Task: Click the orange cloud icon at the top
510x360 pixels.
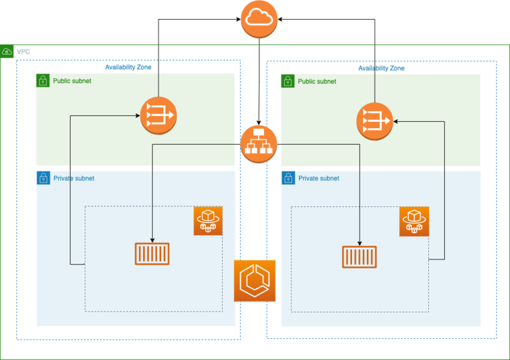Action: tap(259, 19)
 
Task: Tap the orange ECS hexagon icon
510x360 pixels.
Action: tap(255, 280)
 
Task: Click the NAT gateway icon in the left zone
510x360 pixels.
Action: tap(158, 115)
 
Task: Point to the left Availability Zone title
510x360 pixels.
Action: tap(128, 68)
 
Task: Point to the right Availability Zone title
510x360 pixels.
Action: tap(381, 68)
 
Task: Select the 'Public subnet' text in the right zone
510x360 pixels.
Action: tap(317, 81)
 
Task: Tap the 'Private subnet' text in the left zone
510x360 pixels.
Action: tap(74, 178)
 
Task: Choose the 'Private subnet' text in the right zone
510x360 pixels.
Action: tap(319, 178)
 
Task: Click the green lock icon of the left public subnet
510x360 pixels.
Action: tap(43, 81)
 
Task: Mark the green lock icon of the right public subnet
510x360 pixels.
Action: tap(288, 81)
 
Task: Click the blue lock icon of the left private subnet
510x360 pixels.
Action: tap(43, 178)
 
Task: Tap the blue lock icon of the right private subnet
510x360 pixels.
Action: tap(288, 178)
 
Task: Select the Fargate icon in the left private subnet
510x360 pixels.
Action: tap(208, 221)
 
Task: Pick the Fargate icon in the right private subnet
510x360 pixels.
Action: tap(414, 221)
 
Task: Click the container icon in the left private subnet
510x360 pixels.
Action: tap(152, 254)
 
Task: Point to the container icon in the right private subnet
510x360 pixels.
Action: tap(359, 257)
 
